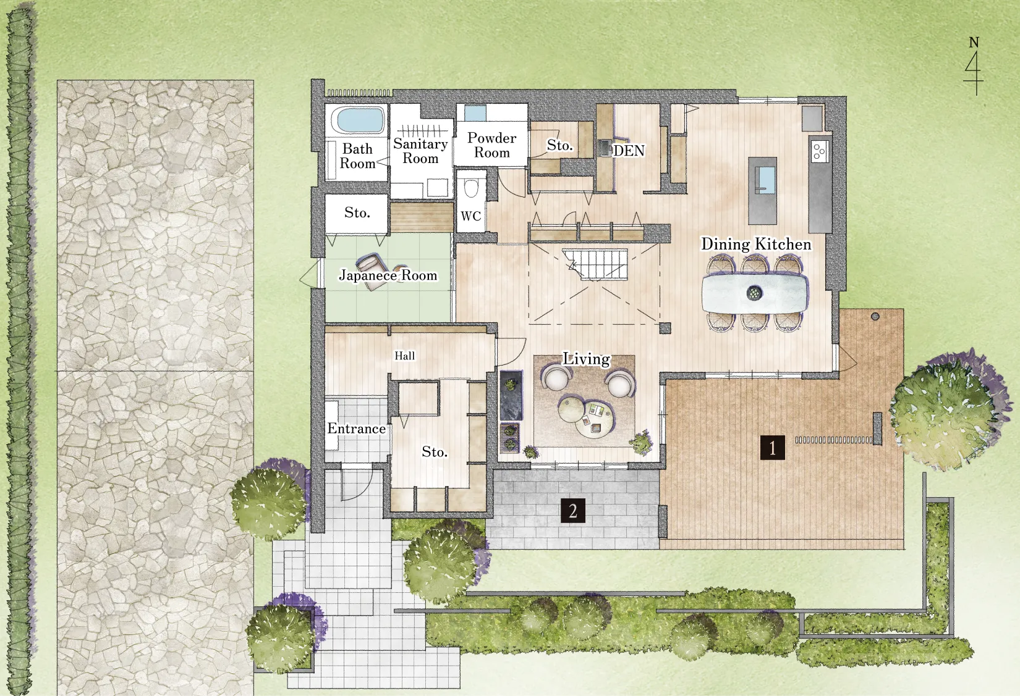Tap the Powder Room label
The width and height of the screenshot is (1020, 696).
tap(492, 145)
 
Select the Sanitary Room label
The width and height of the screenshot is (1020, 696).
tap(421, 151)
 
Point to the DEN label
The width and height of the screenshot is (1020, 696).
tap(629, 151)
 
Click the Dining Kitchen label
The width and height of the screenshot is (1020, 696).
tap(756, 245)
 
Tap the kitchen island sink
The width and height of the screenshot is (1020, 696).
tap(765, 178)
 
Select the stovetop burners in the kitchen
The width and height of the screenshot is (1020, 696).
tap(819, 151)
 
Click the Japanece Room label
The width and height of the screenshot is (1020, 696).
tap(388, 275)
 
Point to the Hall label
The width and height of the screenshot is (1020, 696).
tap(404, 356)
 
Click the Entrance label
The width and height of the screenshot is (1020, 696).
tap(357, 429)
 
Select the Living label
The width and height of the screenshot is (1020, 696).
tap(587, 359)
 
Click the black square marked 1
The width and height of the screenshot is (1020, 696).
tap(773, 448)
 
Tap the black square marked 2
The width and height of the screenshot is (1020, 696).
tap(573, 511)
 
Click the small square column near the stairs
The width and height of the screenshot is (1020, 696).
tap(665, 329)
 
